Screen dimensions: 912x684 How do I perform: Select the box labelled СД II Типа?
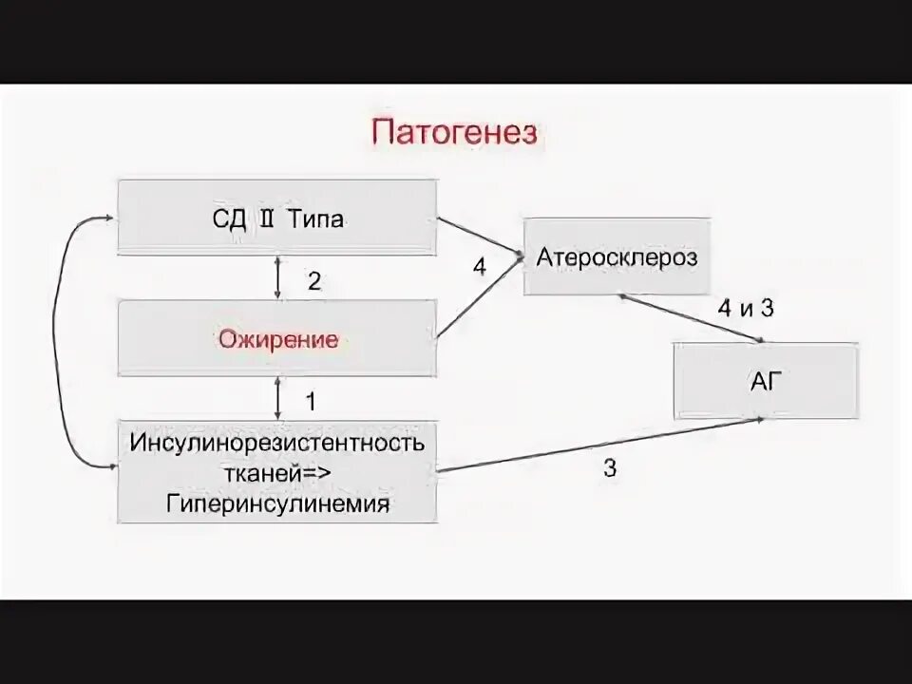click(277, 218)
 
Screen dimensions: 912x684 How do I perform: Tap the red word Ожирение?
click(277, 339)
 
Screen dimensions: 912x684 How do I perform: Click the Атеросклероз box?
click(617, 256)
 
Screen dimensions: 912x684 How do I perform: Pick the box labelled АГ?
click(766, 381)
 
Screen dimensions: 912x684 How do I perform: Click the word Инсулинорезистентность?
click(278, 442)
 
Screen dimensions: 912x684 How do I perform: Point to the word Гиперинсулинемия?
click(278, 503)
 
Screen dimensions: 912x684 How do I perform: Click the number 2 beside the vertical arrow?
click(314, 281)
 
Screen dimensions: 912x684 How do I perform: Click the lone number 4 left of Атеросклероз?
click(480, 268)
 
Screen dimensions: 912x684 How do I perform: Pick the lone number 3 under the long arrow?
click(610, 466)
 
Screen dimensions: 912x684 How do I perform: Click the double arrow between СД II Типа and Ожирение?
click(277, 277)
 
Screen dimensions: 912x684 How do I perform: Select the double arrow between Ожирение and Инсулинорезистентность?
click(277, 398)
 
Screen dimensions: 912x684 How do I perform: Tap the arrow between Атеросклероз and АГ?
click(692, 317)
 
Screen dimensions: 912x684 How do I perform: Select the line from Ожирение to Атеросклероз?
click(480, 296)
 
